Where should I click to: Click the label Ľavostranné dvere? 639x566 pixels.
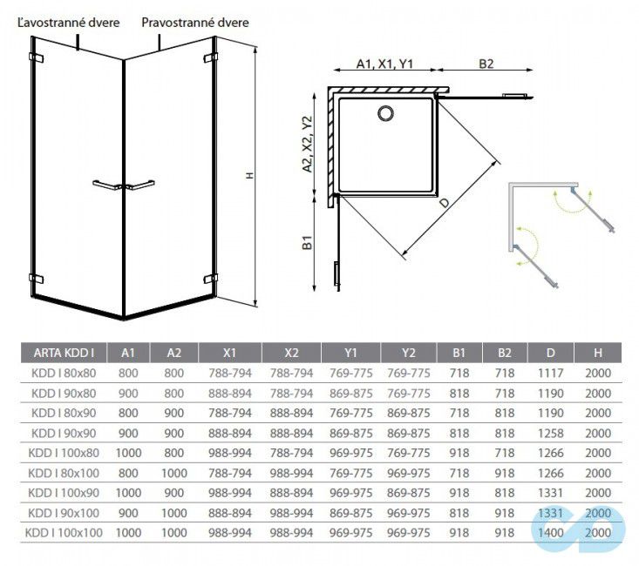pyautogui.click(x=68, y=24)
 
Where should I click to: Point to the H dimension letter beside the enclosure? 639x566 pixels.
pyautogui.click(x=248, y=175)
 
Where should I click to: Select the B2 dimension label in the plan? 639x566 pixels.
pyautogui.click(x=486, y=64)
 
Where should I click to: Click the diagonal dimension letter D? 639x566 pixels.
pyautogui.click(x=445, y=203)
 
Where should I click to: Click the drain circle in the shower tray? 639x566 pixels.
pyautogui.click(x=384, y=111)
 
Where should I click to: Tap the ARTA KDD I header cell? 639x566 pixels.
pyautogui.click(x=63, y=353)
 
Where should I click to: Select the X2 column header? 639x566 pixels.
pyautogui.click(x=291, y=353)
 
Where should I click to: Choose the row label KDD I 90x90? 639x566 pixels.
pyautogui.click(x=63, y=432)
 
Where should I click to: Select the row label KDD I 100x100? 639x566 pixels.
pyautogui.click(x=63, y=531)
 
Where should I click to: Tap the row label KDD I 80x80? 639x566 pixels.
pyautogui.click(x=63, y=373)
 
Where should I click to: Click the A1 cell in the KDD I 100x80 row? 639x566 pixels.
pyautogui.click(x=127, y=452)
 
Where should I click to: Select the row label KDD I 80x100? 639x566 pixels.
pyautogui.click(x=63, y=472)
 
